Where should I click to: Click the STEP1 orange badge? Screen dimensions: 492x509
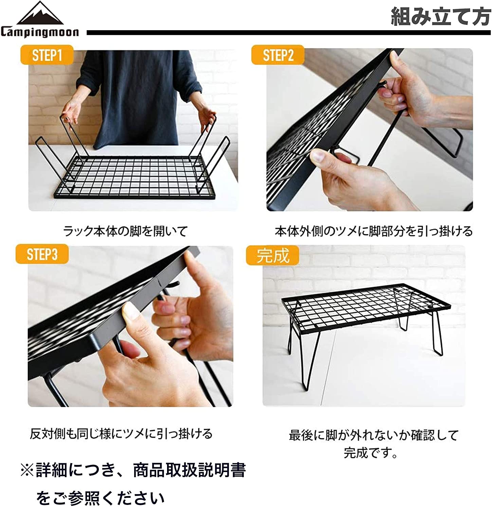[x=47, y=55]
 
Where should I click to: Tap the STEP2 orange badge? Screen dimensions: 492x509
[x=278, y=55]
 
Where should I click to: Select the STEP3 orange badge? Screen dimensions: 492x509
[x=42, y=254]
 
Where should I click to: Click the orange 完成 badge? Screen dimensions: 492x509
[x=273, y=255]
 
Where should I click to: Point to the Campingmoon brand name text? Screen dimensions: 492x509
[x=40, y=32]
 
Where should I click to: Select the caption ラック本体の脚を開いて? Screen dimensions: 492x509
[x=125, y=231]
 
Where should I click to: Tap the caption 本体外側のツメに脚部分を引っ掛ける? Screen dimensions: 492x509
[x=373, y=231]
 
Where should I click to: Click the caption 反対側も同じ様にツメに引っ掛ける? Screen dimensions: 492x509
[x=121, y=433]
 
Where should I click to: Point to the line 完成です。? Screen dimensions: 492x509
[x=370, y=452]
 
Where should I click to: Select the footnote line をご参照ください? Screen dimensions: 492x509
[x=101, y=498]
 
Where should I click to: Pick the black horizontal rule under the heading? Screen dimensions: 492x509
[x=289, y=33]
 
